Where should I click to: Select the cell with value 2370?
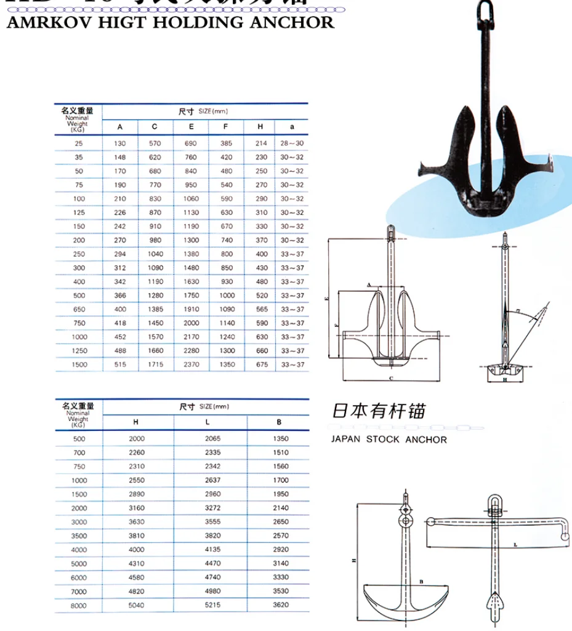(x=191, y=364)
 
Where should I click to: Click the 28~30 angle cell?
(x=292, y=143)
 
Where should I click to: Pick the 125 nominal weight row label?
(x=79, y=212)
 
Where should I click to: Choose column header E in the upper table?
(x=191, y=126)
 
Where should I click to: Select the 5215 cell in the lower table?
(x=211, y=605)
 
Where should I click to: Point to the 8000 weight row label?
(x=79, y=605)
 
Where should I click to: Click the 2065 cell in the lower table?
(x=211, y=439)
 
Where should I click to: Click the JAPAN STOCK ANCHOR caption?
(x=389, y=440)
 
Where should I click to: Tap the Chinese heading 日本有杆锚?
(x=379, y=411)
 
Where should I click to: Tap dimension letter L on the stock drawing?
(x=513, y=545)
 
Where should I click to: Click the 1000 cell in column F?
(x=227, y=295)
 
